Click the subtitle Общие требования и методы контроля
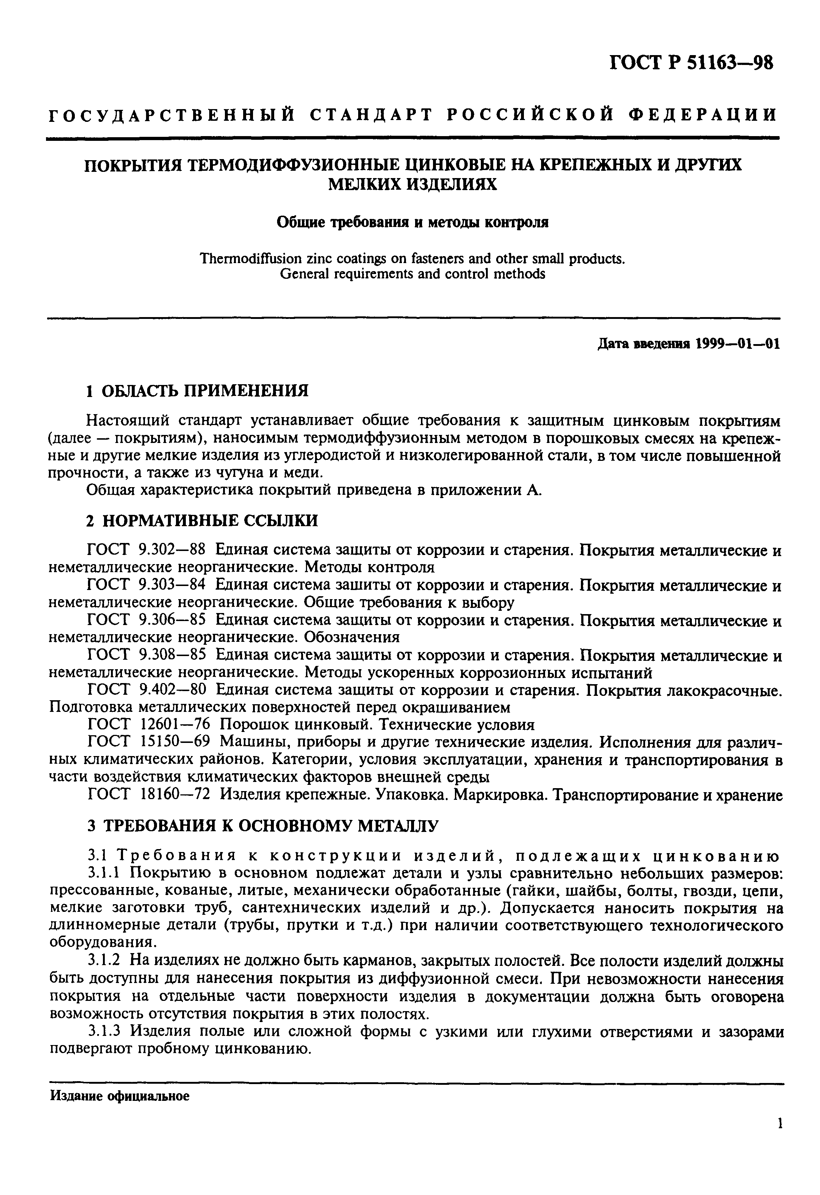(x=413, y=222)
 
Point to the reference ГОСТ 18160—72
(x=150, y=795)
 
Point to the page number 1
(x=780, y=1137)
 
